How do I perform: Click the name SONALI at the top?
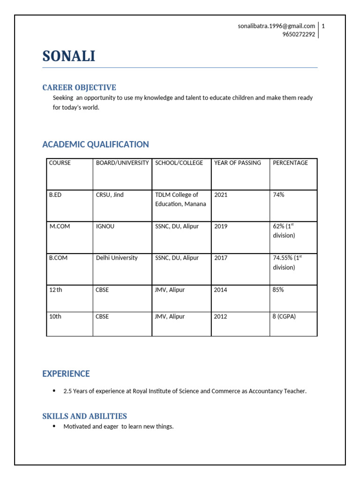[x=68, y=56]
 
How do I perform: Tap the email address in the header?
[x=276, y=26]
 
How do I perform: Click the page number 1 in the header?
[x=323, y=26]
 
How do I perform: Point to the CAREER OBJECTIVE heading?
[x=79, y=88]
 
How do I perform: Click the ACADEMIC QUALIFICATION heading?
[x=96, y=144]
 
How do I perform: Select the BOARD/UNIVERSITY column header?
[x=122, y=163]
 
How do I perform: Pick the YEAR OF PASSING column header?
[x=237, y=163]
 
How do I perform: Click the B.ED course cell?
[x=55, y=195]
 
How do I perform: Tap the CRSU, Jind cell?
[x=110, y=195]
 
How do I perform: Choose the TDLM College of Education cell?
[x=180, y=199]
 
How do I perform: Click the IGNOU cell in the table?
[x=105, y=226]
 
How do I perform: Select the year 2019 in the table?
[x=221, y=226]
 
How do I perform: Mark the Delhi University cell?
[x=117, y=258]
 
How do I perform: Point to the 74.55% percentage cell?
[x=286, y=262]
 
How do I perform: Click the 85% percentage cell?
[x=278, y=290]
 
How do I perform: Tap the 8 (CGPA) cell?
[x=284, y=316]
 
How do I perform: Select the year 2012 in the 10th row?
[x=221, y=316]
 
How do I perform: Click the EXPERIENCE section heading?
[x=66, y=374]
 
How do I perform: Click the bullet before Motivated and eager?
[x=54, y=426]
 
